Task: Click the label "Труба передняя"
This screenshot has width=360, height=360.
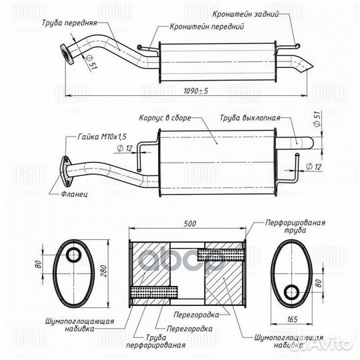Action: coord(69,23)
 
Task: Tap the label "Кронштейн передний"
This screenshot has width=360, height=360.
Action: coord(207,27)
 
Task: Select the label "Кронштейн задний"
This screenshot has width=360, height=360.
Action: coord(245,14)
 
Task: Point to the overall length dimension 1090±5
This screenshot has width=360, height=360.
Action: coord(195,91)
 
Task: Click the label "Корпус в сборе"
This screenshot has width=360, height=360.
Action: coord(165,118)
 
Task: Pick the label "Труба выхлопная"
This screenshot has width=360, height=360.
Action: coord(250,118)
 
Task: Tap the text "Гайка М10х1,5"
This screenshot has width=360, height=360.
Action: coord(102,137)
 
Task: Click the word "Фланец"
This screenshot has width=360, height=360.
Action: coord(74,194)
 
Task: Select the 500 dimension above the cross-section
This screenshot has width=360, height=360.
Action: coord(190,223)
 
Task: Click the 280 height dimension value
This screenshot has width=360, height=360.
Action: coord(103,271)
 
